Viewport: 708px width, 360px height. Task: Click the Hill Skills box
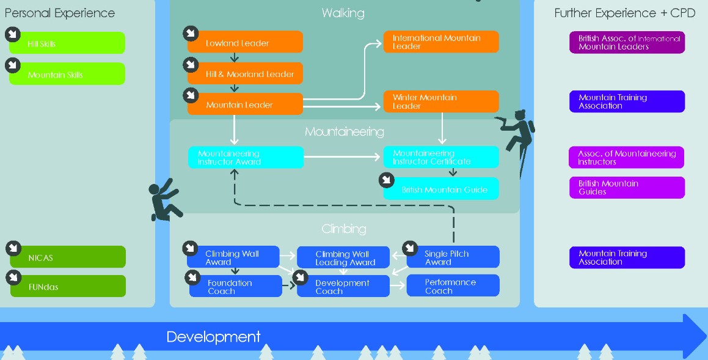(x=68, y=43)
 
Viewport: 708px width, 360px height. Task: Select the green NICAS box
(x=68, y=257)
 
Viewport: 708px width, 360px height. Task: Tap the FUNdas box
(x=68, y=287)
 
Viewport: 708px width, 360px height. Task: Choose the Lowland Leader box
(x=245, y=43)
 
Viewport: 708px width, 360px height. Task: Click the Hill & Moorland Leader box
(x=245, y=74)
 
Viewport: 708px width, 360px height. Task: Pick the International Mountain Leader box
(x=441, y=42)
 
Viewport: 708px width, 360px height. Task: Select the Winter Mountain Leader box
(x=441, y=101)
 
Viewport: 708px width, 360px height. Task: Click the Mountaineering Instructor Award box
(x=246, y=158)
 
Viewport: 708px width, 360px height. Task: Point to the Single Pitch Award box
(x=453, y=257)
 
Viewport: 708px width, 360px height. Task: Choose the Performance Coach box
(x=453, y=286)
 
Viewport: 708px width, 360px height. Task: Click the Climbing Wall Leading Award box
(x=343, y=258)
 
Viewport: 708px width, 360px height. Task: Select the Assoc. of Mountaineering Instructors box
(x=627, y=158)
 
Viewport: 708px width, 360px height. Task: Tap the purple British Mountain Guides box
(x=627, y=188)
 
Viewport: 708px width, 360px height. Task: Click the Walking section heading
(x=343, y=13)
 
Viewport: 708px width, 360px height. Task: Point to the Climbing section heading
(x=344, y=229)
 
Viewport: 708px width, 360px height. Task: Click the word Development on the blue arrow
(x=213, y=337)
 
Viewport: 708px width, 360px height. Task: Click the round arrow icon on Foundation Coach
(x=192, y=277)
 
